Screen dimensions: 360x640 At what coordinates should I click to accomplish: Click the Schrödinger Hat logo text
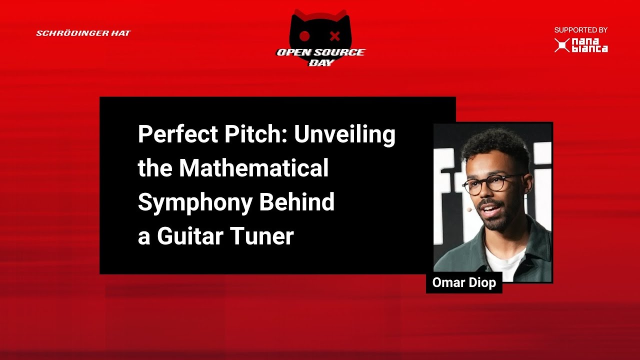[83, 33]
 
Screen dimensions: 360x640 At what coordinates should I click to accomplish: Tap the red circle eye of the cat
[304, 35]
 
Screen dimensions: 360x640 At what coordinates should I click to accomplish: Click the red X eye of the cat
[335, 35]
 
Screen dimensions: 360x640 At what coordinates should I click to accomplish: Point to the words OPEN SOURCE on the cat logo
[320, 52]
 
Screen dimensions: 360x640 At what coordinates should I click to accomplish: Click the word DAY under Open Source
[320, 63]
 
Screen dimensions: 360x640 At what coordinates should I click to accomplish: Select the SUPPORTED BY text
[580, 30]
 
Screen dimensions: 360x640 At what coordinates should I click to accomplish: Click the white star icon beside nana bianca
[562, 45]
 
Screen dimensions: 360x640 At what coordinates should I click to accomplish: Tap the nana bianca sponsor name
[589, 45]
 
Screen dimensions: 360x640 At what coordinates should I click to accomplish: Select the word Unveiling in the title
[344, 134]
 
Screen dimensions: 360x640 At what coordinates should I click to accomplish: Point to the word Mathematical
[254, 168]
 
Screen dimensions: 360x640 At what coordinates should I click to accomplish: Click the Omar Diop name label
[464, 282]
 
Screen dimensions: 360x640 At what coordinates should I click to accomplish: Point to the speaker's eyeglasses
[492, 184]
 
